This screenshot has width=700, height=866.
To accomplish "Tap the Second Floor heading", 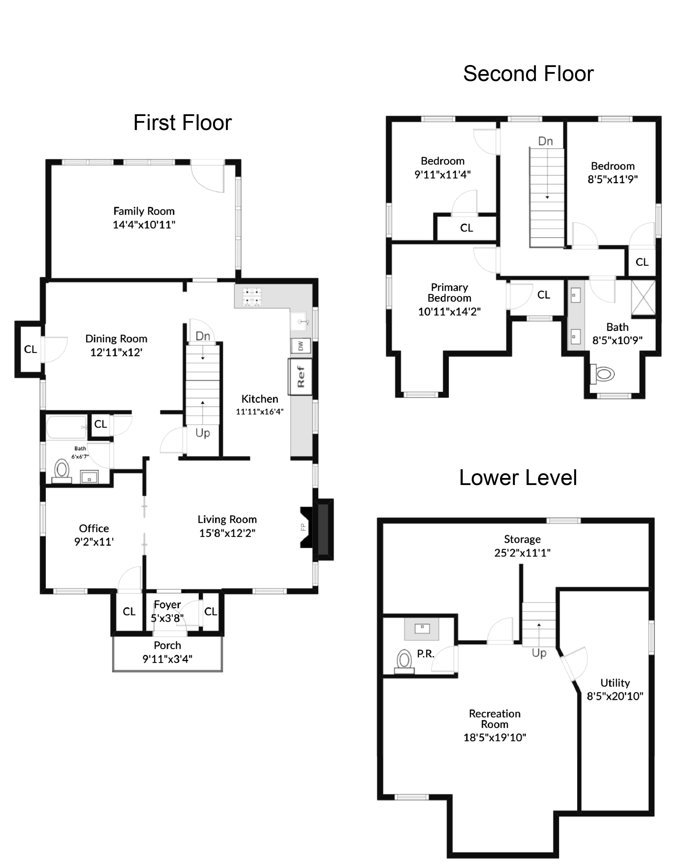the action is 528,74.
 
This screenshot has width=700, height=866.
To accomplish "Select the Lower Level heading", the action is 518,478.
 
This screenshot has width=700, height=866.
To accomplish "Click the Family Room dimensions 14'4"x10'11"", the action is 144,224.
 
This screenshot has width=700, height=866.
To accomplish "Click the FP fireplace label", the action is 303,527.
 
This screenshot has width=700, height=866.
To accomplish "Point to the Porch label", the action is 167,645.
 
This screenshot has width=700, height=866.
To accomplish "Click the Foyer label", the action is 167,604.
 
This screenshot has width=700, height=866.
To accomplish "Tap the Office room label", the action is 94,528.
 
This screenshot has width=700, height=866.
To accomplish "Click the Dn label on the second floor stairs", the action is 545,141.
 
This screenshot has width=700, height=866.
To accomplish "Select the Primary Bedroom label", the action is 449,293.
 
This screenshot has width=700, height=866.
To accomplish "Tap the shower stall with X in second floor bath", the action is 643,297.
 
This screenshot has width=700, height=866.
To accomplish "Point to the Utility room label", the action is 615,682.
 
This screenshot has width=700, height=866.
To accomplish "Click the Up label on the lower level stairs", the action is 539,653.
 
